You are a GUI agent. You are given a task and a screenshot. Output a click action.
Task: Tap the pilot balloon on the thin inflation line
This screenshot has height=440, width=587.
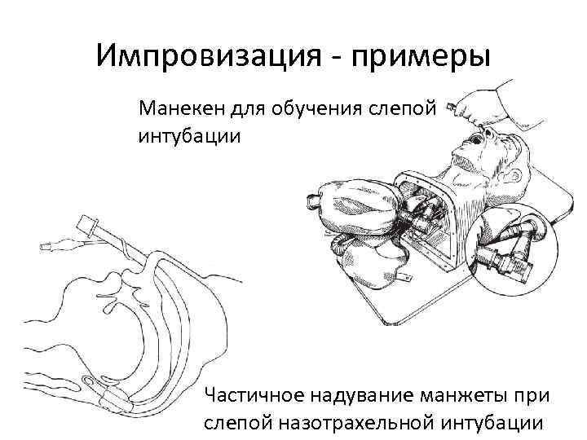pos(57,244)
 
